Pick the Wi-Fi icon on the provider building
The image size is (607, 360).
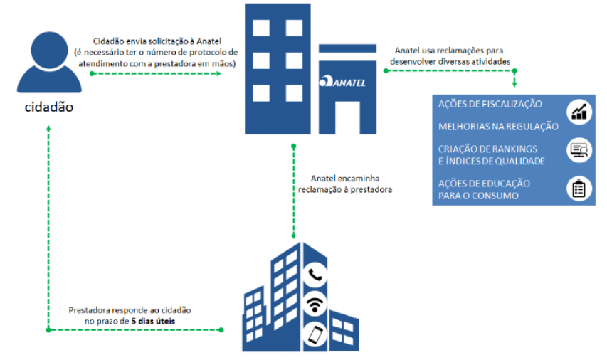pyautogui.click(x=314, y=305)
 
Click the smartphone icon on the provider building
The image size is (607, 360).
pyautogui.click(x=314, y=334)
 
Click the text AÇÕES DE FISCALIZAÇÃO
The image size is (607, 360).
pyautogui.click(x=490, y=105)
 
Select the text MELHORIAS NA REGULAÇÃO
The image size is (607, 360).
pyautogui.click(x=498, y=127)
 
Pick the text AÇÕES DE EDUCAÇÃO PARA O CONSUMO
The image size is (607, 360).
pyautogui.click(x=484, y=189)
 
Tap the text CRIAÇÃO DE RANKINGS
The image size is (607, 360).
pyautogui.click(x=487, y=149)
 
